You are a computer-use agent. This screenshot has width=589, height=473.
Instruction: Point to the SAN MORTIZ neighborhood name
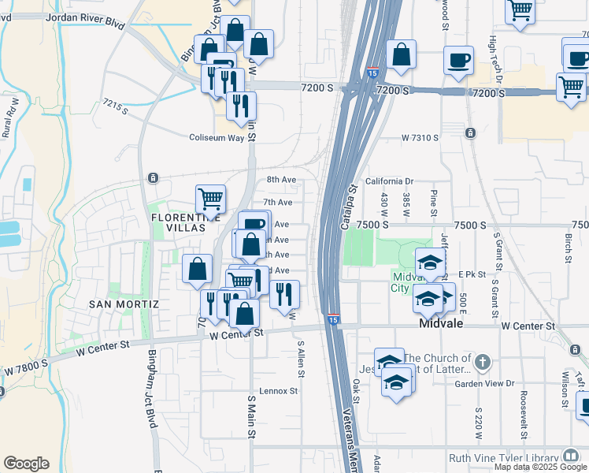coord(124,304)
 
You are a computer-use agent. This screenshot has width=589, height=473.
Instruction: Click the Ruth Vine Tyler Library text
coord(502,457)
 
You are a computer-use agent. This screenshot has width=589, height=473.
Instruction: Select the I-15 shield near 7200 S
coord(372,74)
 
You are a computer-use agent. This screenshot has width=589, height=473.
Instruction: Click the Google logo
coord(26,464)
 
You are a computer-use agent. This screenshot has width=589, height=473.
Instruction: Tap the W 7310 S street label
coord(420,137)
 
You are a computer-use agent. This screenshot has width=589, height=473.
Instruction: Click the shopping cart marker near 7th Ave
coord(210,198)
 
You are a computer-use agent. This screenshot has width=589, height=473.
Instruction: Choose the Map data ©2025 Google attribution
coord(540,467)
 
